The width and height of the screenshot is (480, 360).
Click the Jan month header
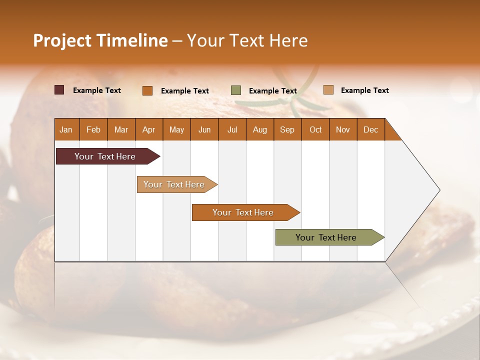click(x=66, y=129)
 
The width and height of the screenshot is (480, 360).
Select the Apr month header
click(x=149, y=129)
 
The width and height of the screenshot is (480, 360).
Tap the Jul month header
click(x=232, y=129)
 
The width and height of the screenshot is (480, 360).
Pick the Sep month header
click(x=287, y=129)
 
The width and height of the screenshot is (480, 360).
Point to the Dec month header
click(x=370, y=129)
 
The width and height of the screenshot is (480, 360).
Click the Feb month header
click(x=93, y=129)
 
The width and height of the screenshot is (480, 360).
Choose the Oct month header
click(x=315, y=129)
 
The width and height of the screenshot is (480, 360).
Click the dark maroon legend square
click(x=59, y=90)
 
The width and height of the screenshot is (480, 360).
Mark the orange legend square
click(x=147, y=90)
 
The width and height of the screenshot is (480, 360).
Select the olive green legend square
click(x=236, y=90)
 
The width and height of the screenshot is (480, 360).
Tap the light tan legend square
click(x=328, y=90)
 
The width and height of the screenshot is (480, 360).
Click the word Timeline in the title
click(x=132, y=40)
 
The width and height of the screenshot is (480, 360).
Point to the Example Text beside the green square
click(x=273, y=91)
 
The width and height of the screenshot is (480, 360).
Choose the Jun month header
click(x=204, y=129)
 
